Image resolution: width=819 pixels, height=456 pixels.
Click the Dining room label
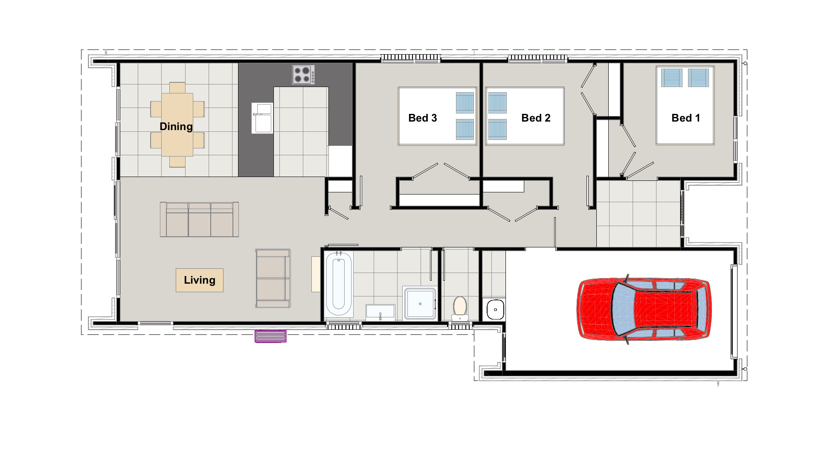(x=176, y=126)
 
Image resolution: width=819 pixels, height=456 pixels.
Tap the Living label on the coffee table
(x=199, y=280)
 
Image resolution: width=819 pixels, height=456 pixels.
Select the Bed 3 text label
(x=422, y=118)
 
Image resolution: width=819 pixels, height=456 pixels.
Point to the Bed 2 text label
(x=536, y=118)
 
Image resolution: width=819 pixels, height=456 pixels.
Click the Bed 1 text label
(x=685, y=118)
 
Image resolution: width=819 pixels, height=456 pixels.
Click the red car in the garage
(x=644, y=309)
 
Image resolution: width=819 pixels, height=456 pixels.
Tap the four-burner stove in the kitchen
(x=303, y=75)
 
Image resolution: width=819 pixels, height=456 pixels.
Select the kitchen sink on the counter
(x=262, y=118)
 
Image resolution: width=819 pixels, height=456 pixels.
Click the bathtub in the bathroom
(x=339, y=284)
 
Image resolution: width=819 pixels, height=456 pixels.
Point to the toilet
(x=460, y=308)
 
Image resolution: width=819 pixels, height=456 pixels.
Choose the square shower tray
(x=420, y=304)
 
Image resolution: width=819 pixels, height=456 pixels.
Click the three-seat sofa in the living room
(x=199, y=219)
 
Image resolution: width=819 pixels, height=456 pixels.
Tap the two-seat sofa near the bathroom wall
(x=273, y=278)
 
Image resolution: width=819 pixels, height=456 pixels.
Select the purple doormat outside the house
(x=270, y=336)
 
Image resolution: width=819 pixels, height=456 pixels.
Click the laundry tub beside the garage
(x=495, y=309)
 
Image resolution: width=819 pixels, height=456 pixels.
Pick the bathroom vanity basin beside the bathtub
(x=380, y=312)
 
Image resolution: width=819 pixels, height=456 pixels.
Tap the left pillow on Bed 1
(x=671, y=78)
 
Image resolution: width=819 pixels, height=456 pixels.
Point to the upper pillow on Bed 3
(x=465, y=102)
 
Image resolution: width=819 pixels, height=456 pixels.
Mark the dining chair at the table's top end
(x=177, y=88)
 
